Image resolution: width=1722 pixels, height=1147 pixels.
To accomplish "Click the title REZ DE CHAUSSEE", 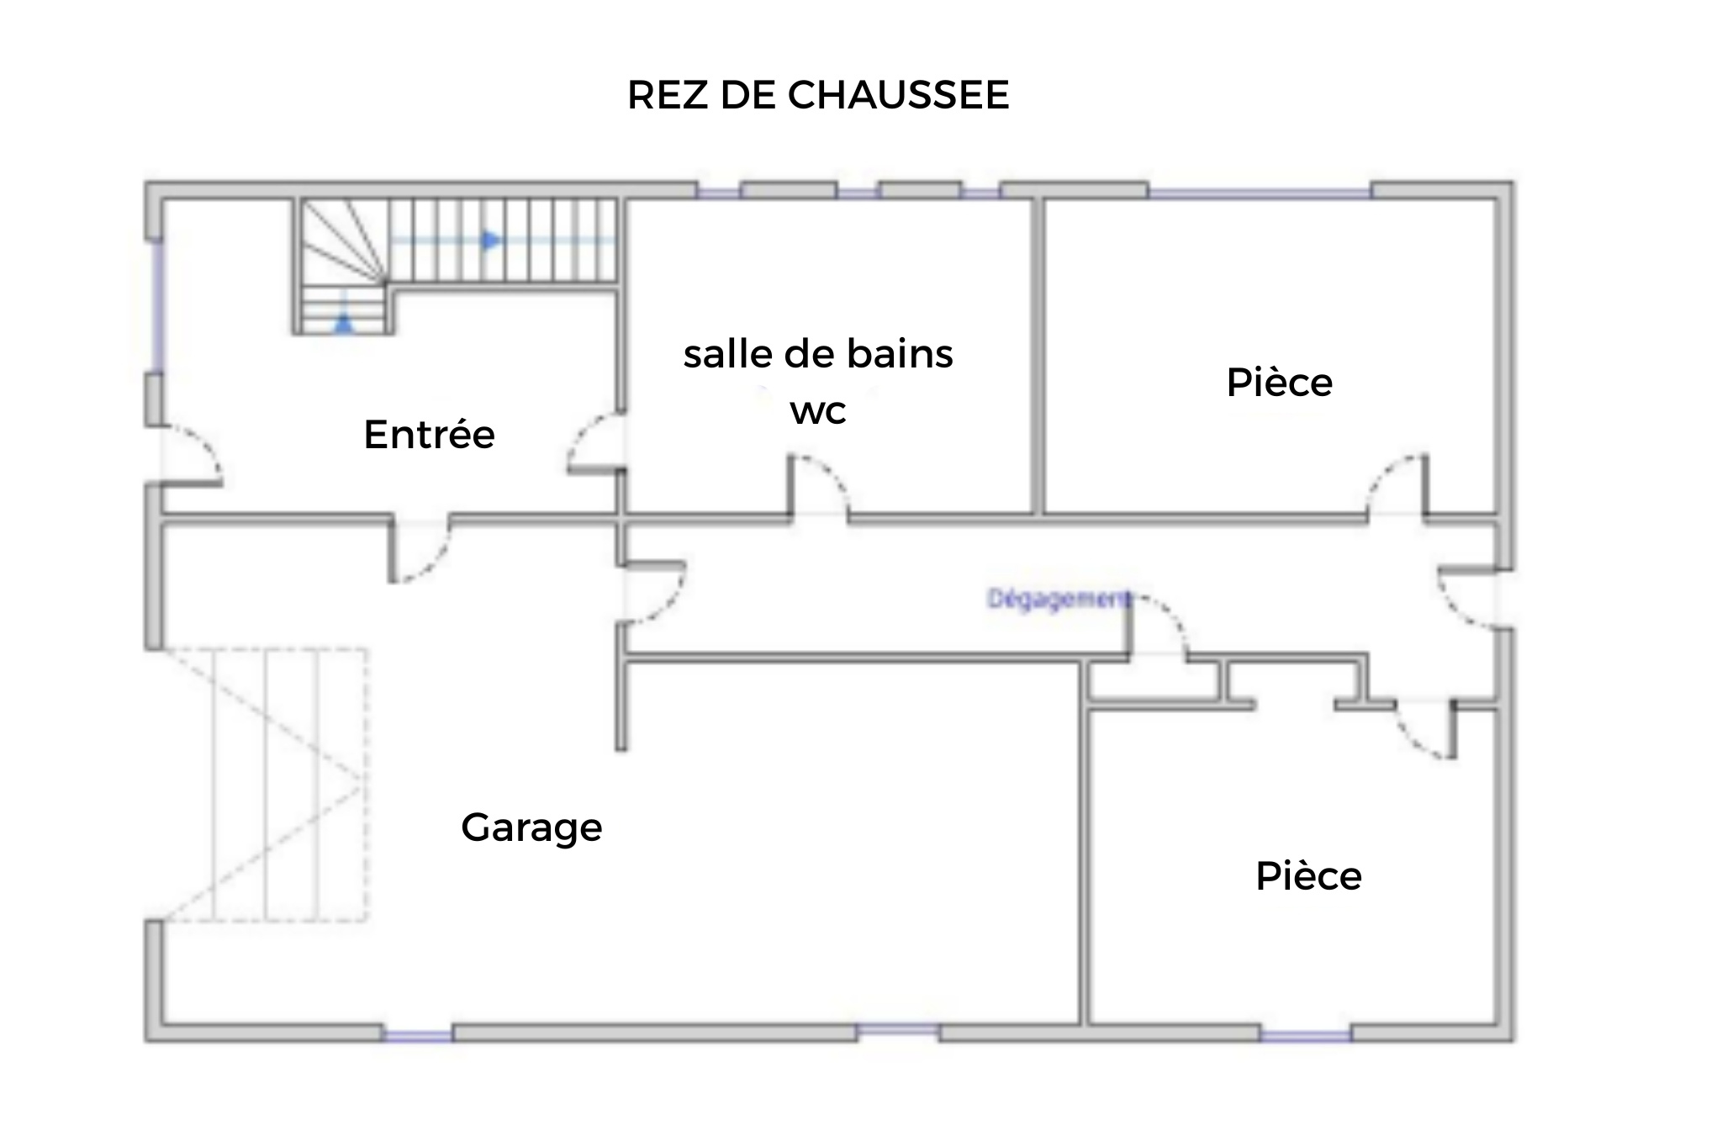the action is coord(818,94).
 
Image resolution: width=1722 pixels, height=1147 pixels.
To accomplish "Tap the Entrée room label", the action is coord(429,434).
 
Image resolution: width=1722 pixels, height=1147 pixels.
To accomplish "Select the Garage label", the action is coord(531,828).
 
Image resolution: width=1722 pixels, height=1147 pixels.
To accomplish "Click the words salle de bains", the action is coord(818,354).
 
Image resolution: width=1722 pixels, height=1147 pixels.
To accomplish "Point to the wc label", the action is coord(818,411).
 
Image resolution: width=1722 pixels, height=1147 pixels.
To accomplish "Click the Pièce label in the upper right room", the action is coord(1279,383).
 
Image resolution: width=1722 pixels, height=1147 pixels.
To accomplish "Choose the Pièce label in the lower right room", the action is coord(1308,876).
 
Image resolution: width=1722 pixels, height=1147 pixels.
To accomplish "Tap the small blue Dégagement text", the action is coord(1058,599).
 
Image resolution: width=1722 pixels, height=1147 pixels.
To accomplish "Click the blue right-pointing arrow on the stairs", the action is coord(491,241).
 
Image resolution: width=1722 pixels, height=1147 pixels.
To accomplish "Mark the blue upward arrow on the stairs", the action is coord(344,323).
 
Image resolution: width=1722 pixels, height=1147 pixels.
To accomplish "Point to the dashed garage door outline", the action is coord(266,784).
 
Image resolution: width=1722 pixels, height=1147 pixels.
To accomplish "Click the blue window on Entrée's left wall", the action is coord(156,306).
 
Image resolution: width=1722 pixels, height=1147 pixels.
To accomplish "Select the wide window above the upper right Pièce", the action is coord(1260,193).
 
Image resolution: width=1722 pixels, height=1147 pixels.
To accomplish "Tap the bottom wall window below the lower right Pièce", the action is coord(1306,1035).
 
